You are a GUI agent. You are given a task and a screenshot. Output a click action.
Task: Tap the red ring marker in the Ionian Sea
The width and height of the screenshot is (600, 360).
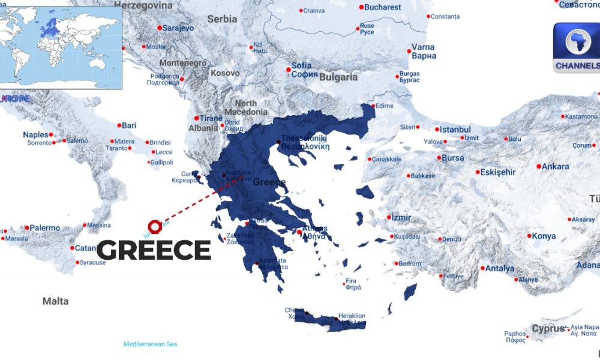pyautogui.click(x=154, y=226)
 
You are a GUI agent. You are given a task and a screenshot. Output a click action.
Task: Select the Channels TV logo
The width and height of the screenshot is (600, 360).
pyautogui.click(x=577, y=48)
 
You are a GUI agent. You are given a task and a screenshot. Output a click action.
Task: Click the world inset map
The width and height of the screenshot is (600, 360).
pyautogui.click(x=61, y=44)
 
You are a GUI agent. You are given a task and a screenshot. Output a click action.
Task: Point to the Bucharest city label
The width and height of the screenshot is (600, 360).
pyautogui.click(x=383, y=7)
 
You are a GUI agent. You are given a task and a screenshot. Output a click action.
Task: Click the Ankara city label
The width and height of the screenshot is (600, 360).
pyautogui.click(x=555, y=166)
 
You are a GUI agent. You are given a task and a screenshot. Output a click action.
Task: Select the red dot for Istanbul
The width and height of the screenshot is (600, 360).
pyautogui.click(x=436, y=129)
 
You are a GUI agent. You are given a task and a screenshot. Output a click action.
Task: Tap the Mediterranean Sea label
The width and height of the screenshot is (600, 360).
pyautogui.click(x=150, y=344)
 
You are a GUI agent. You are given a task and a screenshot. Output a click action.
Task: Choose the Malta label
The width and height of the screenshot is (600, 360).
pyautogui.click(x=55, y=301)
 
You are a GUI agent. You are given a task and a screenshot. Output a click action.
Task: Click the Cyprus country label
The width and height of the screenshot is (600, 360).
pyautogui.click(x=548, y=329)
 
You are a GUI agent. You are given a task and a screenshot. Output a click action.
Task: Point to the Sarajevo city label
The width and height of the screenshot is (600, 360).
pyautogui.click(x=178, y=28)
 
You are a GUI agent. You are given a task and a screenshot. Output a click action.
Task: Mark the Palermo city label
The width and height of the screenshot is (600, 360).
pyautogui.click(x=44, y=228)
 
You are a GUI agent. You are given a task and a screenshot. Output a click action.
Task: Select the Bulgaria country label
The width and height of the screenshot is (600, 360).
pyautogui.click(x=338, y=77)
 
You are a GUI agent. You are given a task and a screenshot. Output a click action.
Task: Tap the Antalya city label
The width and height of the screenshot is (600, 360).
pyautogui.click(x=500, y=268)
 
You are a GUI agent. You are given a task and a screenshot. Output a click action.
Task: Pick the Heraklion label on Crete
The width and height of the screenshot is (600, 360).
pyautogui.click(x=352, y=316)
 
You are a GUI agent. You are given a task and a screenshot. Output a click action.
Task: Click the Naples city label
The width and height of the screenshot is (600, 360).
pyautogui.click(x=35, y=134)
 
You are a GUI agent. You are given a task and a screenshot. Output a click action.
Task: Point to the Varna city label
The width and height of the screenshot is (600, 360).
pyautogui.click(x=424, y=47)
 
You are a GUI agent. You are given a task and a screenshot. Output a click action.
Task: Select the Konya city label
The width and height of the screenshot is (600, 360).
pyautogui.click(x=544, y=236)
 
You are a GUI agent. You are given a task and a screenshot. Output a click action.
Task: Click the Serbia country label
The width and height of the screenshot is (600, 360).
pyautogui.click(x=222, y=19)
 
